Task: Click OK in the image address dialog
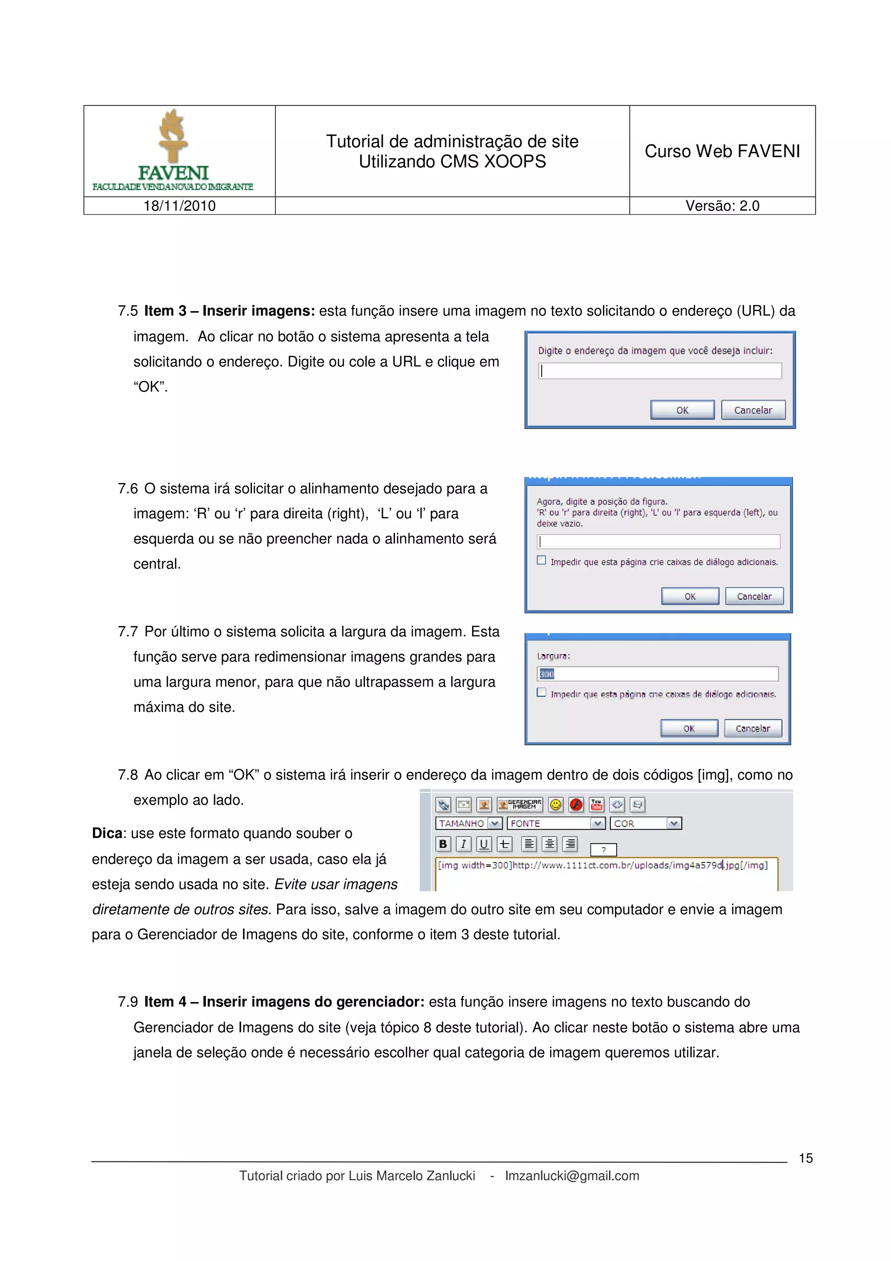point(682,410)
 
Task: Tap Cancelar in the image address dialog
point(753,410)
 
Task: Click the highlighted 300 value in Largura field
point(547,674)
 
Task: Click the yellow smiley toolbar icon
point(556,805)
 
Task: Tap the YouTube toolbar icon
point(596,805)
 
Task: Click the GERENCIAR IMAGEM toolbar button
point(519,805)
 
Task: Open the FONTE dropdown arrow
point(597,823)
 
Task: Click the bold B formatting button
point(443,844)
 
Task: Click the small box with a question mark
point(603,850)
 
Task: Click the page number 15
point(805,1158)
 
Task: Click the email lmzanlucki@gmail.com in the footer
point(572,1176)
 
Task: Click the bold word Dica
point(107,833)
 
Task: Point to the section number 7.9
point(127,1002)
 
